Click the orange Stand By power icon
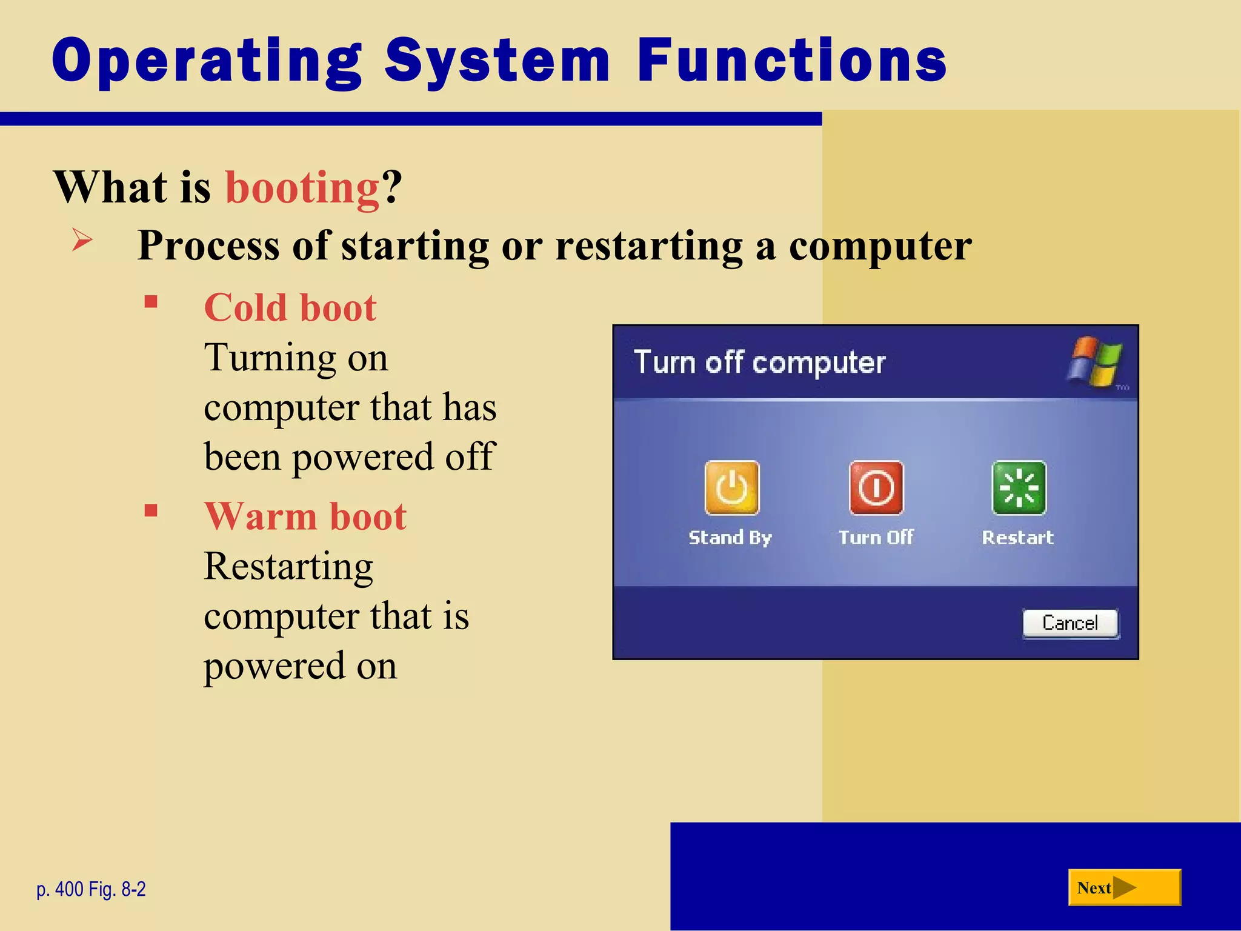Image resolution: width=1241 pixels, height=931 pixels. [x=731, y=487]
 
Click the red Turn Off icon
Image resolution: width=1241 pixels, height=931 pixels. [x=876, y=487]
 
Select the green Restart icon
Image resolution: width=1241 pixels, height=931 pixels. [x=1019, y=487]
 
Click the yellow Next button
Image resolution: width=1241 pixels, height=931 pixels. [x=1124, y=887]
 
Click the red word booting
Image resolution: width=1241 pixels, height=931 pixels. [x=302, y=187]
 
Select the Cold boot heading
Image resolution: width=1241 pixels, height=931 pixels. [x=290, y=307]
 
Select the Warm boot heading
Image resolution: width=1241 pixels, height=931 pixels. [x=305, y=516]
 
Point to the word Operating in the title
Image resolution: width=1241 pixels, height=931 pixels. [x=207, y=61]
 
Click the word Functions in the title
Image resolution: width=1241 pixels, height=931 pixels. [x=791, y=60]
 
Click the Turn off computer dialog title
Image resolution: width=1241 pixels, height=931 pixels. [x=759, y=362]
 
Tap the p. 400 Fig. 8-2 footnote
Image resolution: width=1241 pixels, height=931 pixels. [x=91, y=889]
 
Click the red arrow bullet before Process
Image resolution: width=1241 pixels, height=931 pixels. [x=82, y=240]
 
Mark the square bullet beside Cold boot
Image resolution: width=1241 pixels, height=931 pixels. [x=151, y=301]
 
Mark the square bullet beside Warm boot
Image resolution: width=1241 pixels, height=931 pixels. [x=151, y=510]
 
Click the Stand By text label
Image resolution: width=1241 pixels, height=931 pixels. [x=730, y=538]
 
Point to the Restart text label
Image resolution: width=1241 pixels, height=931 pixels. [x=1017, y=538]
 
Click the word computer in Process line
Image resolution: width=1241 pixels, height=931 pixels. [x=880, y=246]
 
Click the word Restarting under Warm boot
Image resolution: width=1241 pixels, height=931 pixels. [x=288, y=566]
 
